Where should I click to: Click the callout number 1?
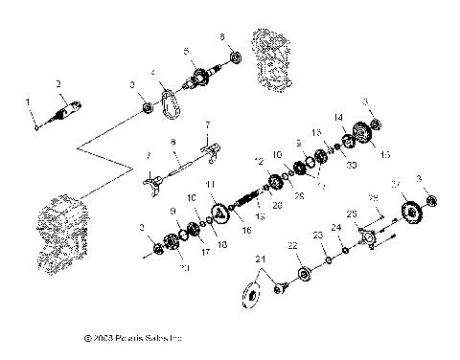pyautogui.click(x=28, y=101)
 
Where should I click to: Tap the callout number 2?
pyautogui.click(x=59, y=83)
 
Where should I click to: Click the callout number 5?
pyautogui.click(x=188, y=50)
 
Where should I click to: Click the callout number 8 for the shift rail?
pyautogui.click(x=173, y=142)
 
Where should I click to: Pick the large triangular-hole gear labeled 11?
pyautogui.click(x=218, y=212)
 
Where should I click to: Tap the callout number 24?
pyautogui.click(x=336, y=227)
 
